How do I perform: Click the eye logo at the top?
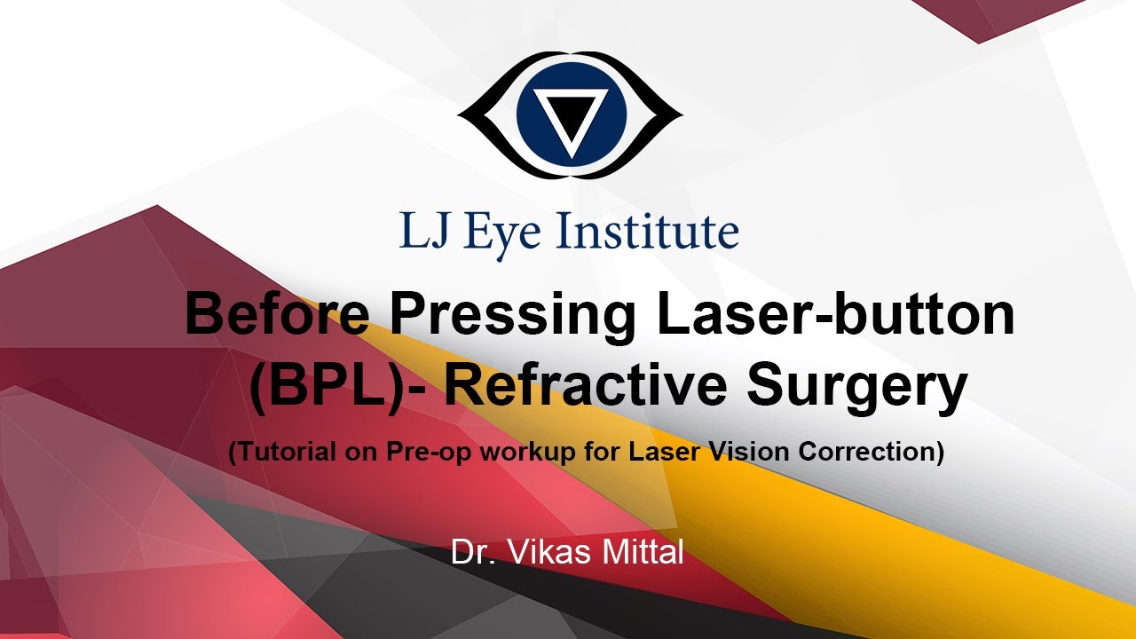(x=569, y=115)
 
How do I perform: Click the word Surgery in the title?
(x=857, y=390)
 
